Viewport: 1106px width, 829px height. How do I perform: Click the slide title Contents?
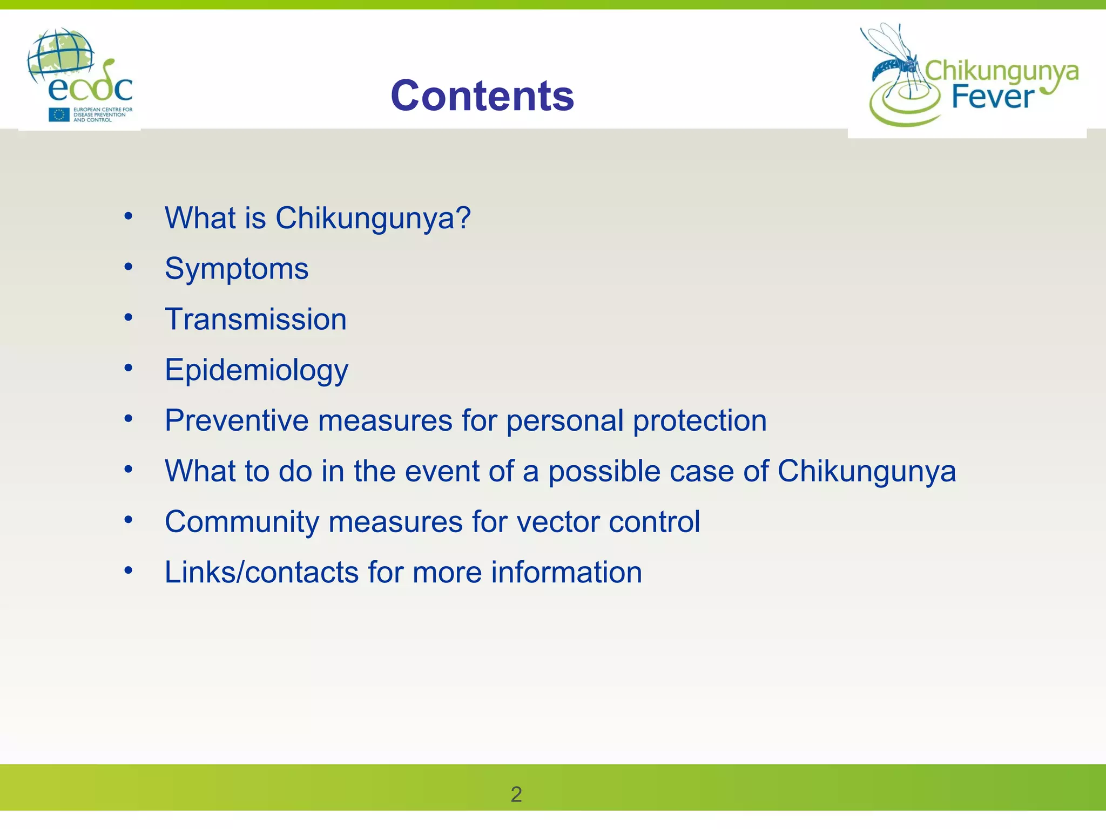(x=482, y=96)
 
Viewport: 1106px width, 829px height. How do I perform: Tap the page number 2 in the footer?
(x=516, y=794)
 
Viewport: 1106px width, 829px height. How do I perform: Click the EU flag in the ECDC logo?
(x=59, y=114)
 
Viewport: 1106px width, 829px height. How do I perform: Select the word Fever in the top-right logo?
(x=993, y=98)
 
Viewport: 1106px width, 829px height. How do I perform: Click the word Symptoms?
(x=237, y=268)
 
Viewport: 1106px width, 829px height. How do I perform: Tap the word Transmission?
(x=255, y=319)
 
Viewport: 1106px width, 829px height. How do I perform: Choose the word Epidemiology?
(x=257, y=370)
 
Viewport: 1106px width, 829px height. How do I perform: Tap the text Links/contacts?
(x=261, y=572)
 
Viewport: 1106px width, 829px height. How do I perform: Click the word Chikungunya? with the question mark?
(x=373, y=218)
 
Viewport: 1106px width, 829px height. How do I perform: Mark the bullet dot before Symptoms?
(x=128, y=267)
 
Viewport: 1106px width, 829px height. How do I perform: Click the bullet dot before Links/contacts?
(x=128, y=570)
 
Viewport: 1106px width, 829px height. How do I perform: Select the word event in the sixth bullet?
(x=442, y=471)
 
